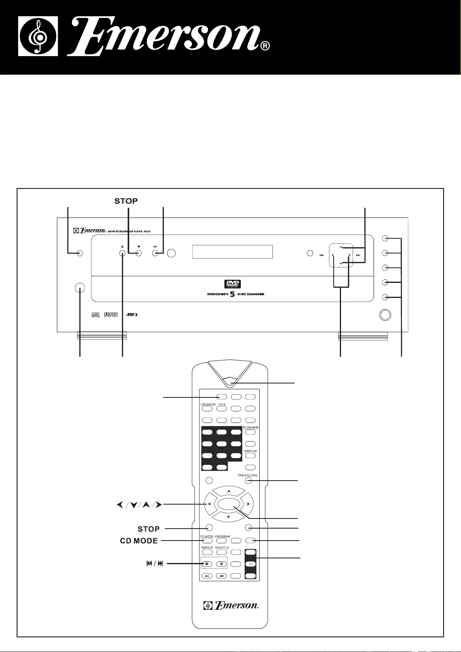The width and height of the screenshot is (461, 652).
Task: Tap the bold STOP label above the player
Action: tap(126, 201)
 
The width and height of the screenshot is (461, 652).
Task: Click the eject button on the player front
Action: tap(122, 253)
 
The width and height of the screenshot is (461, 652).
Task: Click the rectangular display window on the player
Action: tap(232, 252)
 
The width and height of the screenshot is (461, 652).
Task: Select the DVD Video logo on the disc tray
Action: tap(232, 284)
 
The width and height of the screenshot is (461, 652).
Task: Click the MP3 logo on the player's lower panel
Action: tap(131, 315)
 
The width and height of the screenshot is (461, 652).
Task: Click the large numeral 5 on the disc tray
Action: tap(233, 294)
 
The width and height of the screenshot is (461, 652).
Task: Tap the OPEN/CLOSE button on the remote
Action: tap(248, 481)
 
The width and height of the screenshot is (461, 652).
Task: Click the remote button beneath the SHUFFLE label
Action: tap(221, 552)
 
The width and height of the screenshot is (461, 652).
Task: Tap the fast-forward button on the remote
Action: tap(221, 576)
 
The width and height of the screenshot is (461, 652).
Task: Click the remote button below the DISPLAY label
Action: tap(250, 456)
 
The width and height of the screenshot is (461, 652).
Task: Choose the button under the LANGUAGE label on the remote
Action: tap(207, 409)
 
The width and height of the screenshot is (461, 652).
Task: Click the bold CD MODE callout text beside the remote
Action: tap(139, 541)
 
